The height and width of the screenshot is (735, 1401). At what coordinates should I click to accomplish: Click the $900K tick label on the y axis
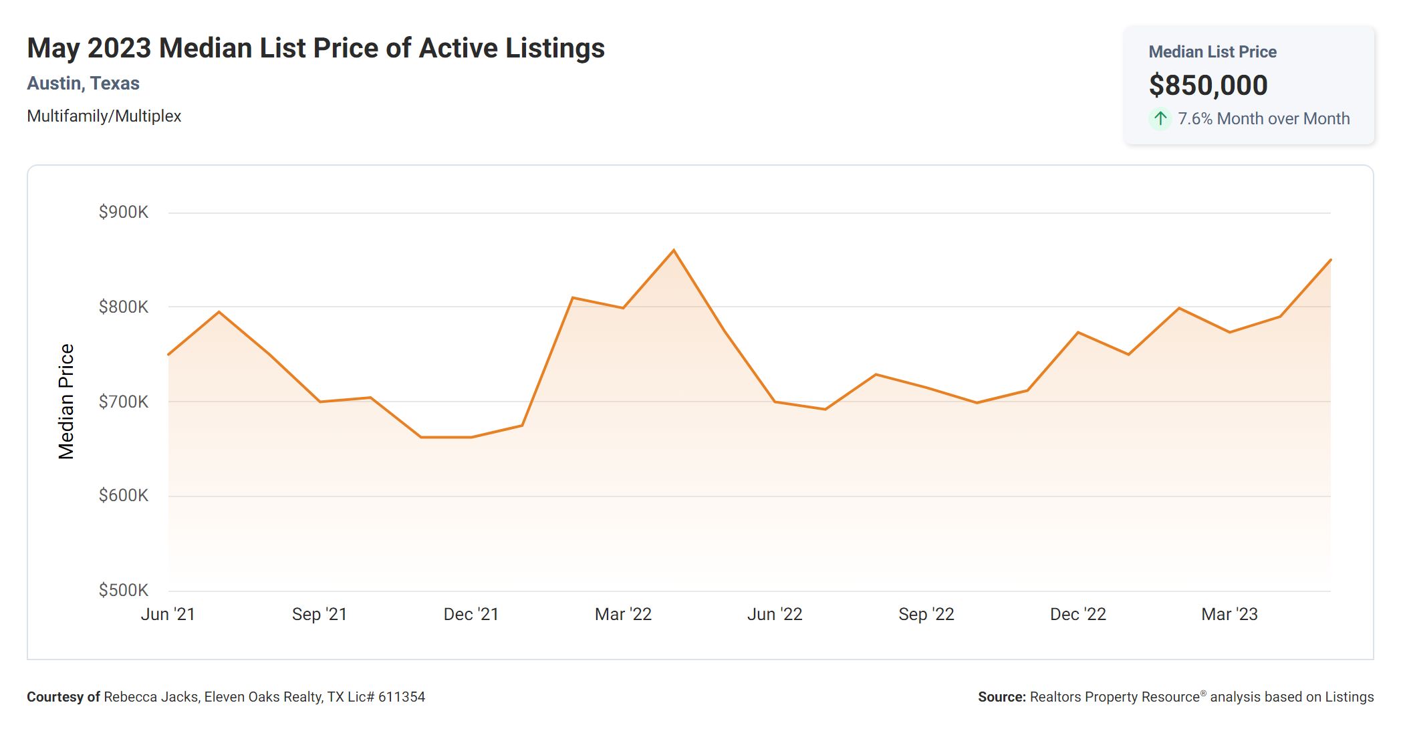pyautogui.click(x=124, y=212)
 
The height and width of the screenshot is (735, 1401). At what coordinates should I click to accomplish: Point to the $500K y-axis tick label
pyautogui.click(x=124, y=590)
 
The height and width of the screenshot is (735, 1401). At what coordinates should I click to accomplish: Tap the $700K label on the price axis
pyautogui.click(x=124, y=402)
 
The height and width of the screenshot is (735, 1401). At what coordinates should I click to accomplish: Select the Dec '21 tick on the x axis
pyautogui.click(x=471, y=614)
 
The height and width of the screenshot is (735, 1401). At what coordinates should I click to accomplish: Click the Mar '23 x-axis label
pyautogui.click(x=1229, y=614)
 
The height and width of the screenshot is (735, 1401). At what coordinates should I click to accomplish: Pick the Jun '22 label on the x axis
pyautogui.click(x=775, y=614)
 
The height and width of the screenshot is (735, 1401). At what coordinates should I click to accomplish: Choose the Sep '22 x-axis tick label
pyautogui.click(x=926, y=614)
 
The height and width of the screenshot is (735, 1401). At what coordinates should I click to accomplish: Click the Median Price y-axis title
pyautogui.click(x=66, y=402)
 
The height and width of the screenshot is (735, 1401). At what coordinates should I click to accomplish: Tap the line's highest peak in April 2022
pyautogui.click(x=674, y=250)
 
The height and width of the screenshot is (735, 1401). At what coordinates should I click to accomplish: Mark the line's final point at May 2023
pyautogui.click(x=1330, y=260)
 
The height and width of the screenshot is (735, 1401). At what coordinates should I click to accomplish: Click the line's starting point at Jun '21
pyautogui.click(x=168, y=354)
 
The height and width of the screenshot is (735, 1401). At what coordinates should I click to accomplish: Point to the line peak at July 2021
pyautogui.click(x=219, y=311)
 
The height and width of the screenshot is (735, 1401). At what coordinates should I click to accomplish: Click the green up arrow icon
pyautogui.click(x=1160, y=119)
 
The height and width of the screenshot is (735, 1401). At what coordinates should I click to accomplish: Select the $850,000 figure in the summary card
pyautogui.click(x=1208, y=85)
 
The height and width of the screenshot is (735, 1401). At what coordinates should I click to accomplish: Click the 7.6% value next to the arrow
pyautogui.click(x=1194, y=119)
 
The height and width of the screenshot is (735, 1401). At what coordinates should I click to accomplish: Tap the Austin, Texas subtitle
pyautogui.click(x=83, y=84)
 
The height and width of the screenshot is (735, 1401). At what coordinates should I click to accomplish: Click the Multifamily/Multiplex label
pyautogui.click(x=104, y=116)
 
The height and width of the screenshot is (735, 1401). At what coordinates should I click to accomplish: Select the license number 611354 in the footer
pyautogui.click(x=402, y=697)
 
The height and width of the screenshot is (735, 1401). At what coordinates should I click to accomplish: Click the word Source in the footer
pyautogui.click(x=1001, y=697)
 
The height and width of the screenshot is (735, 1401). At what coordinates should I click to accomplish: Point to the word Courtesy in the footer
pyautogui.click(x=55, y=697)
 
